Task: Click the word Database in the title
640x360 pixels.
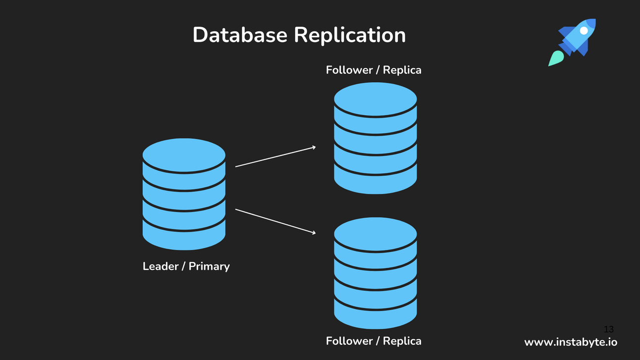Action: coord(240,35)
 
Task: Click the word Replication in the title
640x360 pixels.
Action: coord(350,35)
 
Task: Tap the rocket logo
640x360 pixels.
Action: coord(573,42)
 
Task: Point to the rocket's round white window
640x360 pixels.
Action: coord(584,31)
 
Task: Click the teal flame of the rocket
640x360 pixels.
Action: coord(555,58)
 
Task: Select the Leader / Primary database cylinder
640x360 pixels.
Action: coord(184,194)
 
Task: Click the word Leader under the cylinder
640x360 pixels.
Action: coord(160,266)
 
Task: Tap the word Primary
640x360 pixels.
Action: coord(209,266)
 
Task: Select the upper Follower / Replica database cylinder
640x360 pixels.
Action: coord(375,138)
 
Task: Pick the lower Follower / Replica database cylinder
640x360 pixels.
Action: coord(375,273)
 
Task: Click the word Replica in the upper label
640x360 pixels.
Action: coord(402,70)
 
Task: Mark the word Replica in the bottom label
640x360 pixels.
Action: coord(402,341)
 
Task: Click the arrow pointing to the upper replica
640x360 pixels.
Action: coord(275,156)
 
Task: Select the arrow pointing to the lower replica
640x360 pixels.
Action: coord(275,221)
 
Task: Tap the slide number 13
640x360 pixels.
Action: coord(608,329)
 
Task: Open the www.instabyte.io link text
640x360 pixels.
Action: coord(571,342)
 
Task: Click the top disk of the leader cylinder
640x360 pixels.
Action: coord(184,155)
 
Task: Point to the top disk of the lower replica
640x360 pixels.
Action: coord(375,234)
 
